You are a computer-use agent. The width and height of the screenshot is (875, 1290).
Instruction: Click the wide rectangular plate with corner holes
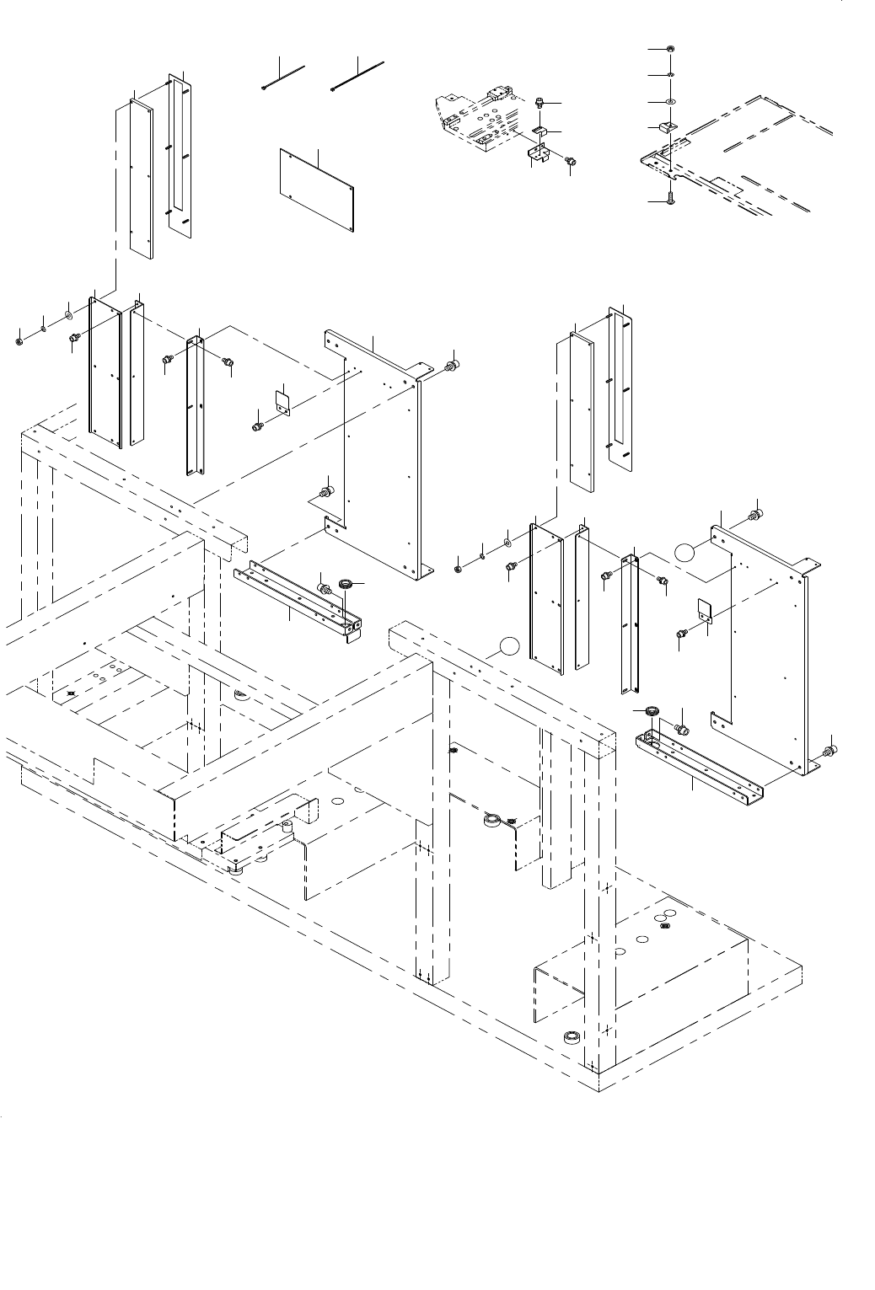[317, 188]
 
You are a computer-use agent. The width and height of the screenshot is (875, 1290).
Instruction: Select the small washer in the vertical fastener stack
[670, 75]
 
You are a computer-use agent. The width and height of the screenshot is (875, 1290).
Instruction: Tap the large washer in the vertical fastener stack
[670, 101]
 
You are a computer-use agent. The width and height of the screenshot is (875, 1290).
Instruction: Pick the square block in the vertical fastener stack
[667, 127]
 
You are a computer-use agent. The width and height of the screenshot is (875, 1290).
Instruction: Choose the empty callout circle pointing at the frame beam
[507, 646]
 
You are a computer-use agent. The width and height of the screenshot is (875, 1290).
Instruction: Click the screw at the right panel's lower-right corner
[829, 750]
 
